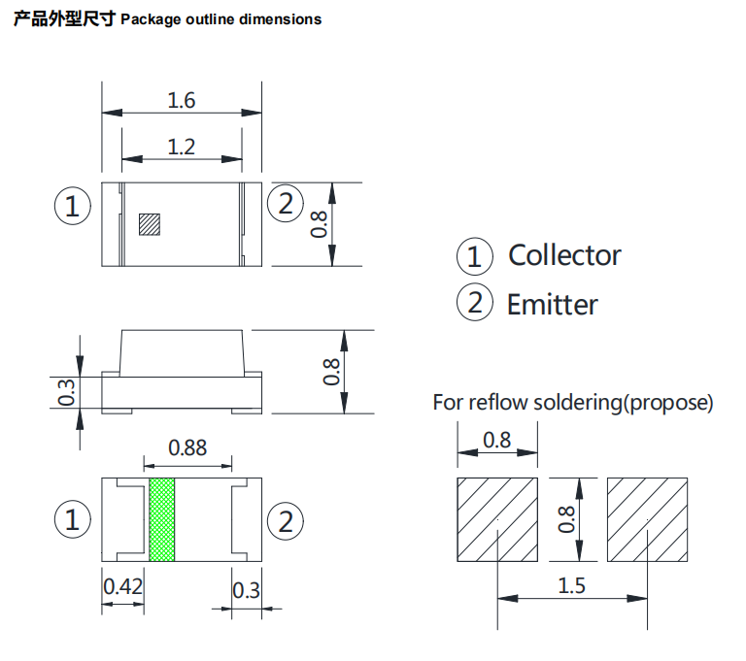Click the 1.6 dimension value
pyautogui.click(x=182, y=100)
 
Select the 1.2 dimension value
pyautogui.click(x=182, y=148)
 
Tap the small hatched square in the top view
pyautogui.click(x=149, y=224)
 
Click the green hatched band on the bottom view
pyautogui.click(x=162, y=519)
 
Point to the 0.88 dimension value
pyautogui.click(x=187, y=447)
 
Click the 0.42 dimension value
pyautogui.click(x=123, y=587)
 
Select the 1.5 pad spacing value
pyautogui.click(x=572, y=586)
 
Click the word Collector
pyautogui.click(x=564, y=255)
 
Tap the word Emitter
pyautogui.click(x=553, y=305)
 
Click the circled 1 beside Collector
pyautogui.click(x=474, y=256)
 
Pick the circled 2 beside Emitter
pyautogui.click(x=474, y=304)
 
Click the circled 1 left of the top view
pyautogui.click(x=72, y=206)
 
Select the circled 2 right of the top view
pyautogui.click(x=286, y=205)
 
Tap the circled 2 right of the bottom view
pyautogui.click(x=286, y=521)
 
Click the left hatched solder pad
pyautogui.click(x=496, y=519)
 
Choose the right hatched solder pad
pyautogui.click(x=648, y=519)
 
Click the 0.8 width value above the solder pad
pyautogui.click(x=496, y=440)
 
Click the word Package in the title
pyautogui.click(x=149, y=18)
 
